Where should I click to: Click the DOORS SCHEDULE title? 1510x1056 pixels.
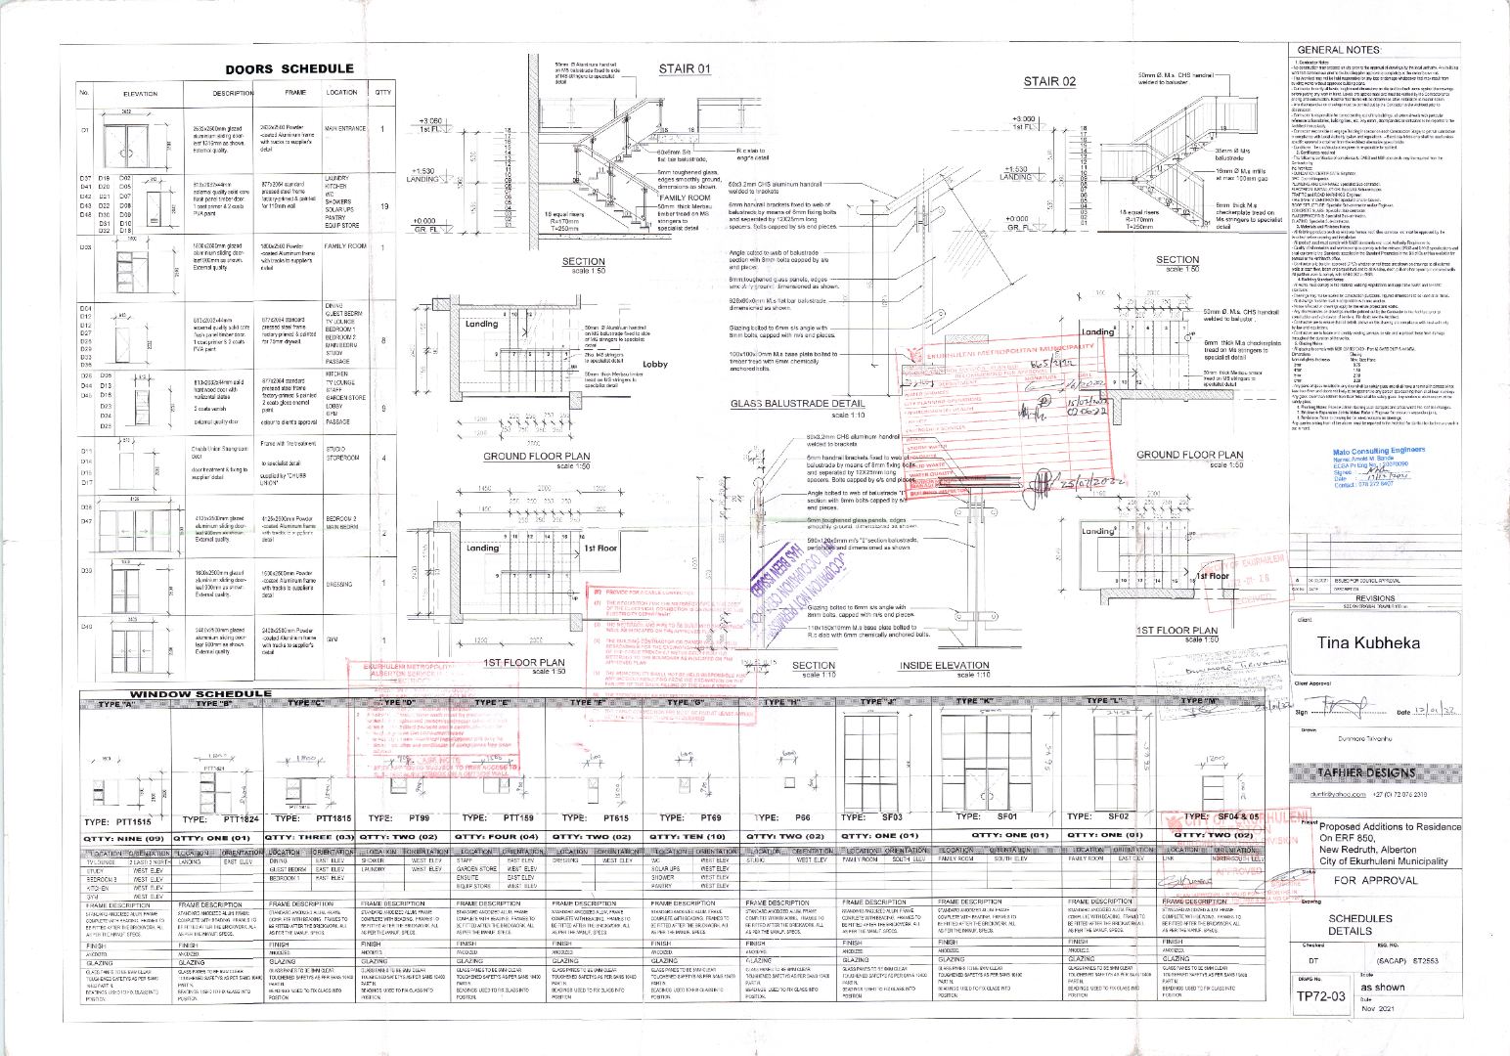pyautogui.click(x=289, y=68)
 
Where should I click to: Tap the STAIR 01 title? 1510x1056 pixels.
pyautogui.click(x=684, y=68)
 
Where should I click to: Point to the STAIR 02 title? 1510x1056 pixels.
pyautogui.click(x=1049, y=81)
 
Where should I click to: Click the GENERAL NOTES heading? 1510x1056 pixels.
pyautogui.click(x=1337, y=50)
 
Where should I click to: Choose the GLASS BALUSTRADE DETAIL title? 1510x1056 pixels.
pyautogui.click(x=797, y=404)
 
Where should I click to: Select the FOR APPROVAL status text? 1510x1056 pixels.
pyautogui.click(x=1374, y=880)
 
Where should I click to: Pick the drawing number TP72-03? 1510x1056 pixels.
pyautogui.click(x=1321, y=996)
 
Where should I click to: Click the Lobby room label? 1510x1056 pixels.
pyautogui.click(x=654, y=365)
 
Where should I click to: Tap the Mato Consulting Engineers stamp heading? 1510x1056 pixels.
pyautogui.click(x=1379, y=451)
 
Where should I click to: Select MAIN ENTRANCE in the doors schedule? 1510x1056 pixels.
pyautogui.click(x=344, y=128)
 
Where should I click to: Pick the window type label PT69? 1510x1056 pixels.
pyautogui.click(x=710, y=817)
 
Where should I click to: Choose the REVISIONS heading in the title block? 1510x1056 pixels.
pyautogui.click(x=1374, y=598)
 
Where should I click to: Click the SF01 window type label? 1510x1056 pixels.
pyautogui.click(x=1006, y=815)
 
